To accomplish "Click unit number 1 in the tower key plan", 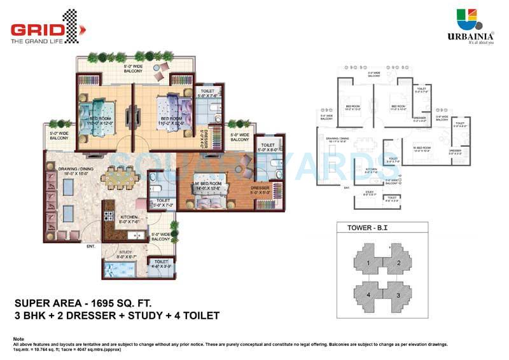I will pos(367,264).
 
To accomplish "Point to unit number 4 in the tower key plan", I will pos(367,295).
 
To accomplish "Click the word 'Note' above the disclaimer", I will pos(18,338).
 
